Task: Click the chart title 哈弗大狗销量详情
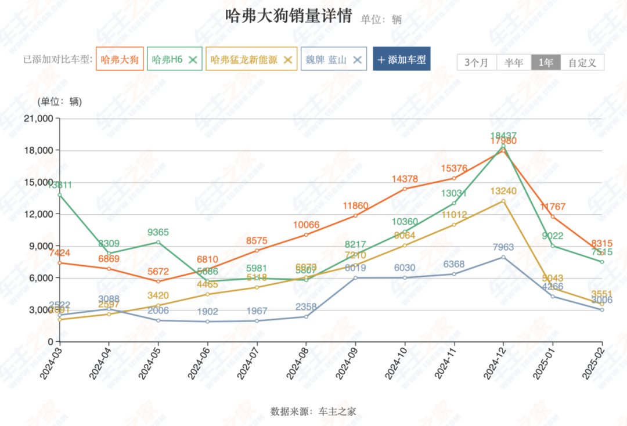pyautogui.click(x=288, y=16)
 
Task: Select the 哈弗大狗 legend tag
pyautogui.click(x=120, y=59)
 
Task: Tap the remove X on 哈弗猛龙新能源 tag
pyautogui.click(x=287, y=59)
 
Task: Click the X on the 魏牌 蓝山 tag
pyautogui.click(x=357, y=59)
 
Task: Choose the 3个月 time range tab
pyautogui.click(x=477, y=62)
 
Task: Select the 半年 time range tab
pyautogui.click(x=514, y=62)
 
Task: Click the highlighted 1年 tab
pyautogui.click(x=546, y=62)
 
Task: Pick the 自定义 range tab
pyautogui.click(x=582, y=62)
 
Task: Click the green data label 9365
pyautogui.click(x=158, y=232)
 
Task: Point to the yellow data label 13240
pyautogui.click(x=503, y=192)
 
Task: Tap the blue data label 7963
pyautogui.click(x=503, y=247)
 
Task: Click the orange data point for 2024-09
pyautogui.click(x=355, y=215)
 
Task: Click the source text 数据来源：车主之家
pyautogui.click(x=313, y=411)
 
